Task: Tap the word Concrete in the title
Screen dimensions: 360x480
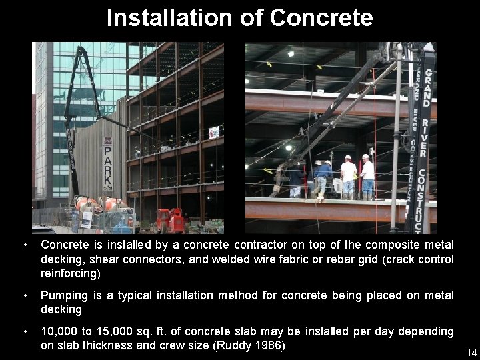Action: point(321,18)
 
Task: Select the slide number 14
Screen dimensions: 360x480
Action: point(471,353)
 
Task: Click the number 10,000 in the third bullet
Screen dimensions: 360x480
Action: point(61,331)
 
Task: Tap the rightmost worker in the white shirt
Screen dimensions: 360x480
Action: point(367,177)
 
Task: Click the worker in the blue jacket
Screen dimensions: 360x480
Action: point(324,177)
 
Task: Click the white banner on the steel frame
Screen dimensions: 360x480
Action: point(213,133)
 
